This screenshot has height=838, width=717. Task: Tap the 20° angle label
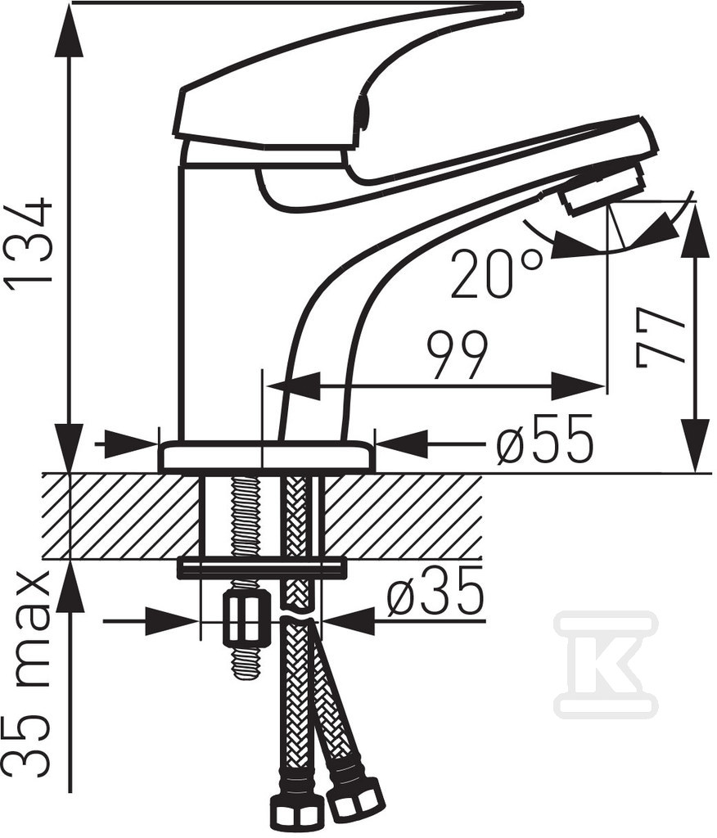click(496, 273)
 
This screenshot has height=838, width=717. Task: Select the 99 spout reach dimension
click(458, 355)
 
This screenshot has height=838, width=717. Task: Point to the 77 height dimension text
click(661, 336)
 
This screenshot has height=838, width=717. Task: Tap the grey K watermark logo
click(606, 663)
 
